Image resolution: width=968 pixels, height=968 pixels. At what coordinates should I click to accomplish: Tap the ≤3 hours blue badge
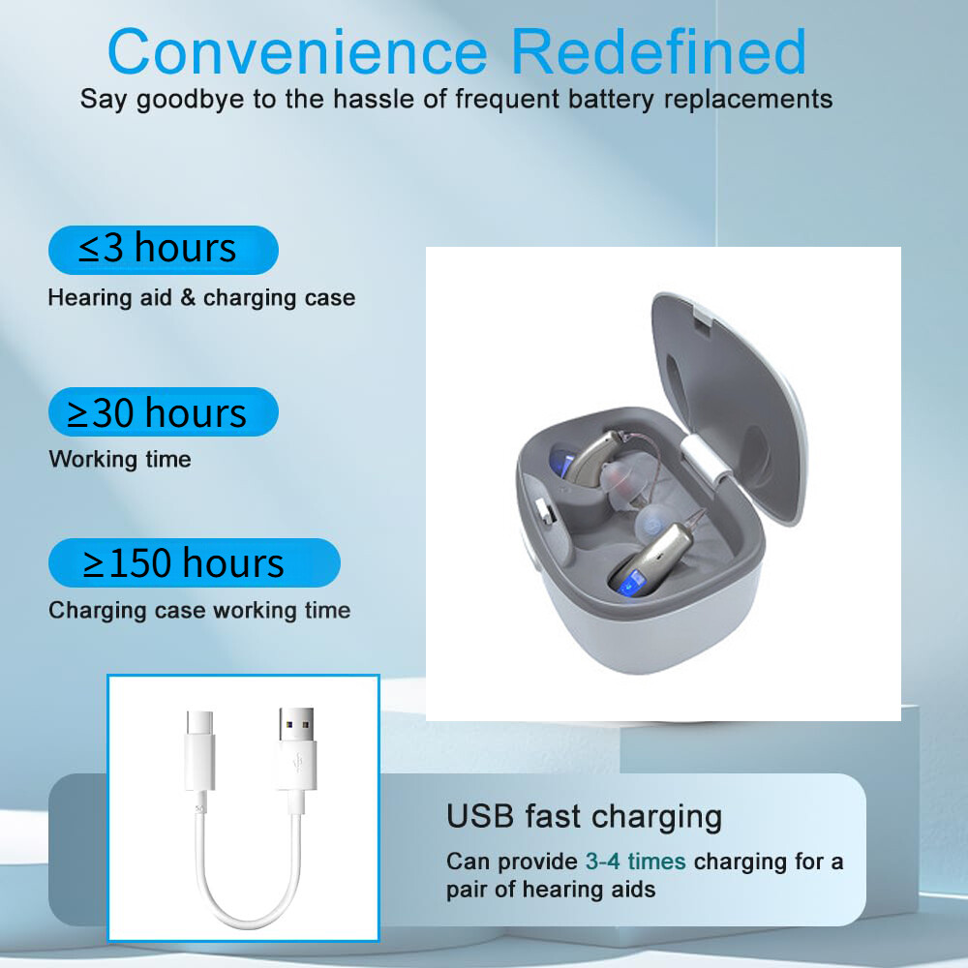click(163, 250)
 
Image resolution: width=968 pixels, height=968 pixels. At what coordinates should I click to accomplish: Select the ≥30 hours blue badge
click(163, 412)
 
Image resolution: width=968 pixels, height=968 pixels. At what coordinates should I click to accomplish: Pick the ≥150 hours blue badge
click(194, 563)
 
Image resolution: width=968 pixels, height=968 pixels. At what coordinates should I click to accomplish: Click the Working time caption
click(120, 459)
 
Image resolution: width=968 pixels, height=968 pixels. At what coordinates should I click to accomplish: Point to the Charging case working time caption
click(199, 611)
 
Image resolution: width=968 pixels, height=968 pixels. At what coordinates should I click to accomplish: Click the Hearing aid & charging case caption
click(201, 297)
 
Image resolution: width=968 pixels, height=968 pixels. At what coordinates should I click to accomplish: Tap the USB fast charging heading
click(584, 816)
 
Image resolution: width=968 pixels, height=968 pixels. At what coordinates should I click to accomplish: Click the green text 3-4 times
click(635, 862)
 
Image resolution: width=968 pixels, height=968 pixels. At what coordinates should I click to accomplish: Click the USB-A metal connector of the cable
click(293, 726)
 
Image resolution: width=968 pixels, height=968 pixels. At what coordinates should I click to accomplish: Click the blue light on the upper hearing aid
click(561, 460)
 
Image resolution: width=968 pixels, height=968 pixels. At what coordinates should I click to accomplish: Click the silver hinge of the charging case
click(705, 456)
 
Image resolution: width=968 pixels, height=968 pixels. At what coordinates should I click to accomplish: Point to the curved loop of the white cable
click(248, 905)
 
